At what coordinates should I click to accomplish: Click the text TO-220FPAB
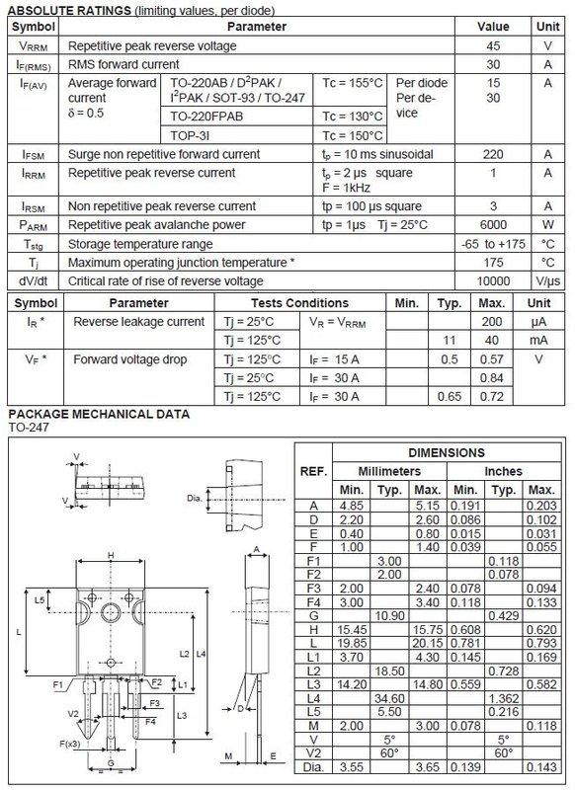(206, 117)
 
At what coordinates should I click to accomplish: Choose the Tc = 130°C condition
(352, 117)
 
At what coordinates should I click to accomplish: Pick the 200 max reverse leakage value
(492, 322)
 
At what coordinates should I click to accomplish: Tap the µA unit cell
(539, 322)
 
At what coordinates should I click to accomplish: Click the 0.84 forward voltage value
(492, 378)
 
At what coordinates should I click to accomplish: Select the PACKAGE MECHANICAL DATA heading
(99, 414)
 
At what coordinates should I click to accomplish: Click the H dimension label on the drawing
(111, 555)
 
